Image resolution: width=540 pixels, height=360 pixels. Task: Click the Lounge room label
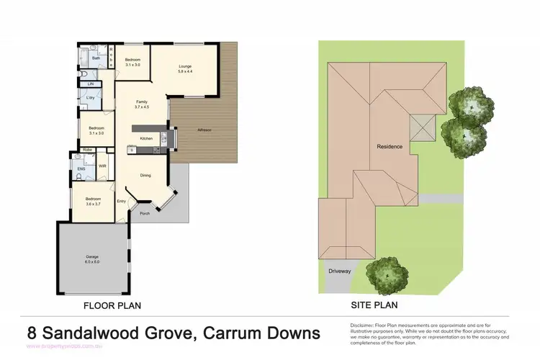click(x=185, y=66)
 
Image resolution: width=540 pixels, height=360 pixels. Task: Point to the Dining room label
click(x=145, y=175)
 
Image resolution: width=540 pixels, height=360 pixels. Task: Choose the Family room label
click(x=142, y=102)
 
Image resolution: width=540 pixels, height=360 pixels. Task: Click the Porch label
click(x=144, y=213)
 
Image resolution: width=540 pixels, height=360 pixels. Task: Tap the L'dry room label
click(x=91, y=97)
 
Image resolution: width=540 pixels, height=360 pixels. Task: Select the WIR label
click(x=103, y=165)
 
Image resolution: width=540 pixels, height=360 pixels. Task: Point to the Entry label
click(x=121, y=201)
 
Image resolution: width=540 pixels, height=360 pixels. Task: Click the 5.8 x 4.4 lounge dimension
click(x=185, y=71)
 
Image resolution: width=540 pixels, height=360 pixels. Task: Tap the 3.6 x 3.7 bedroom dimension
click(x=94, y=204)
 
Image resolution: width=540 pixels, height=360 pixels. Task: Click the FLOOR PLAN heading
click(x=112, y=305)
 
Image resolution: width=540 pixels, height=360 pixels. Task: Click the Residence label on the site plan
click(x=390, y=147)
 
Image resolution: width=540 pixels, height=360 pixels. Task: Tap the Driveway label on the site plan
click(x=339, y=271)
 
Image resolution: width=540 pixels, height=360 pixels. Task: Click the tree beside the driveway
click(x=387, y=274)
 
